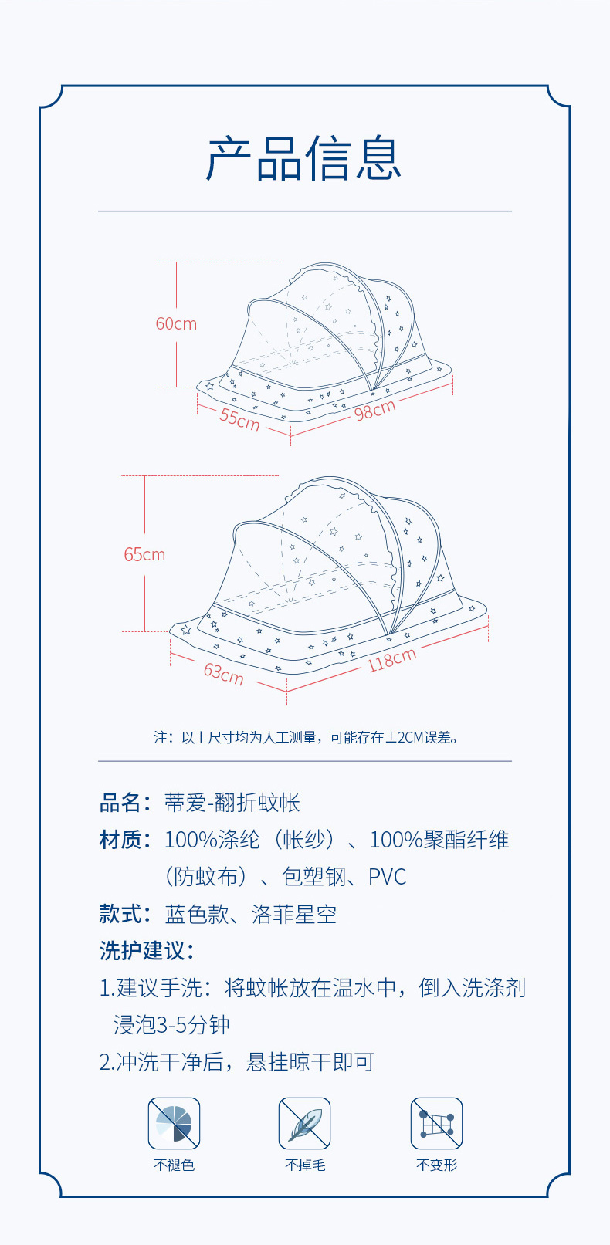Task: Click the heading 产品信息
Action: (x=304, y=159)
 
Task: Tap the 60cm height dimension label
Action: (x=176, y=324)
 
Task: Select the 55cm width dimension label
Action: (x=239, y=419)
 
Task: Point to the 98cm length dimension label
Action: (x=375, y=410)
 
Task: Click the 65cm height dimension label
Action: (x=144, y=555)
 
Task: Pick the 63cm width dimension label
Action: (x=224, y=673)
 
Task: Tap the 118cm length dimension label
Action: (x=391, y=660)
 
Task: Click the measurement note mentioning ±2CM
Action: (x=307, y=738)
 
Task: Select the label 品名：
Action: (x=126, y=803)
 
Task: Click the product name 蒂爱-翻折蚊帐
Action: (x=232, y=803)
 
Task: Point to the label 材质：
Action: (x=126, y=840)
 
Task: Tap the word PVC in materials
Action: (x=387, y=878)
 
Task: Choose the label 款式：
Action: (x=126, y=915)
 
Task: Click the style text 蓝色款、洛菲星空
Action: (x=251, y=915)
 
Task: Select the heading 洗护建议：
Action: (x=147, y=951)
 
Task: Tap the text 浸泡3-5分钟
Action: (x=171, y=1025)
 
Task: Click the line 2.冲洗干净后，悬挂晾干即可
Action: (x=237, y=1062)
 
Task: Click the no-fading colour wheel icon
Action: (x=174, y=1124)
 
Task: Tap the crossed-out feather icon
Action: (x=305, y=1124)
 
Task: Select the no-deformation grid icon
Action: (x=436, y=1124)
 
